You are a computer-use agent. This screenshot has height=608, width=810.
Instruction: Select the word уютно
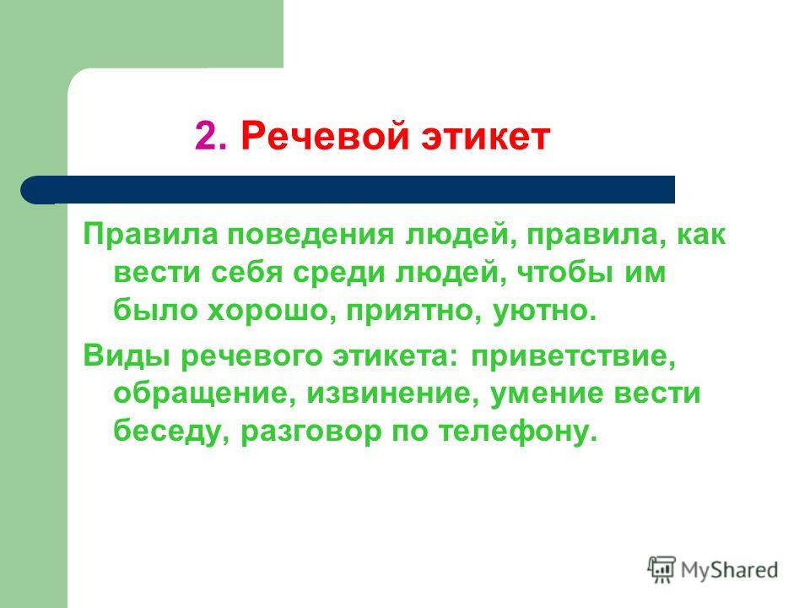pos(544,311)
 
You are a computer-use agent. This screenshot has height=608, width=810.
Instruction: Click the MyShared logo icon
pos(661,570)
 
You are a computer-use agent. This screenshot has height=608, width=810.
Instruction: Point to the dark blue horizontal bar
pos(348,190)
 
